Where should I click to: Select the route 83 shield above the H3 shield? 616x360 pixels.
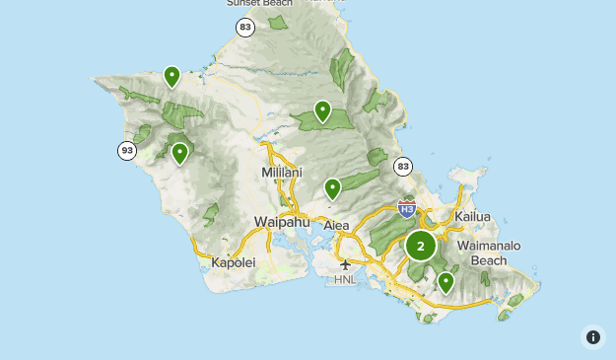pyautogui.click(x=401, y=167)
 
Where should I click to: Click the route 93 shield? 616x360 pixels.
pyautogui.click(x=127, y=151)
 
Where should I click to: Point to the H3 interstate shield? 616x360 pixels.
pyautogui.click(x=406, y=208)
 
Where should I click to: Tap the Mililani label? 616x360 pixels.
pyautogui.click(x=283, y=173)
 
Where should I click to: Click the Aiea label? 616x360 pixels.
pyautogui.click(x=336, y=226)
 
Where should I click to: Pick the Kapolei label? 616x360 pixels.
pyautogui.click(x=234, y=262)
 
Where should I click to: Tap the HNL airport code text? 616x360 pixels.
pyautogui.click(x=345, y=280)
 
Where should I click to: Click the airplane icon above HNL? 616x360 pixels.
pyautogui.click(x=345, y=264)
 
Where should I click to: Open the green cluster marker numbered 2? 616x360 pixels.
pyautogui.click(x=421, y=246)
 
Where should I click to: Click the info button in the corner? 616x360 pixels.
pyautogui.click(x=592, y=337)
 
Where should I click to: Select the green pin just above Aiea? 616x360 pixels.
pyautogui.click(x=333, y=187)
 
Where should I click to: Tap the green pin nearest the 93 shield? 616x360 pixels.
pyautogui.click(x=179, y=153)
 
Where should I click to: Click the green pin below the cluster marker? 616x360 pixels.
pyautogui.click(x=445, y=282)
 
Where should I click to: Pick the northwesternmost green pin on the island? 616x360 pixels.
pyautogui.click(x=171, y=76)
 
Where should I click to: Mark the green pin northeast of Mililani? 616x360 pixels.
pyautogui.click(x=322, y=110)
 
